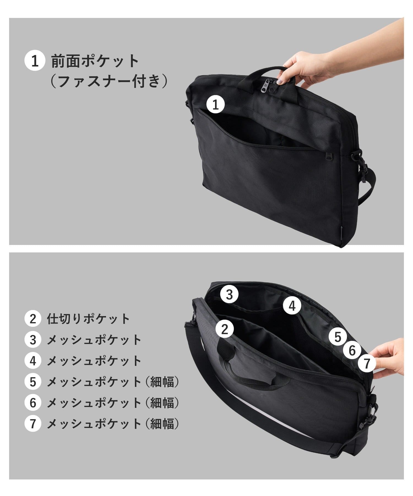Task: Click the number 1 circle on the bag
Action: click(216, 105)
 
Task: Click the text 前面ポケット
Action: click(95, 61)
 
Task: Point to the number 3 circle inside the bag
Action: click(229, 295)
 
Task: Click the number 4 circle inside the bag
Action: click(292, 306)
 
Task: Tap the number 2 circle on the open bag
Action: click(225, 329)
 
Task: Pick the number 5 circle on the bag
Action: click(338, 337)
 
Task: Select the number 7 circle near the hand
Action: click(367, 364)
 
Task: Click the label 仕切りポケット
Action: click(88, 319)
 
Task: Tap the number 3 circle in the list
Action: click(33, 340)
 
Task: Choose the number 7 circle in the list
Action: click(33, 424)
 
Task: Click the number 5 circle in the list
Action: click(33, 382)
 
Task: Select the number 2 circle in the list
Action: click(33, 319)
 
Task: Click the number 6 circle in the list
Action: click(33, 403)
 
